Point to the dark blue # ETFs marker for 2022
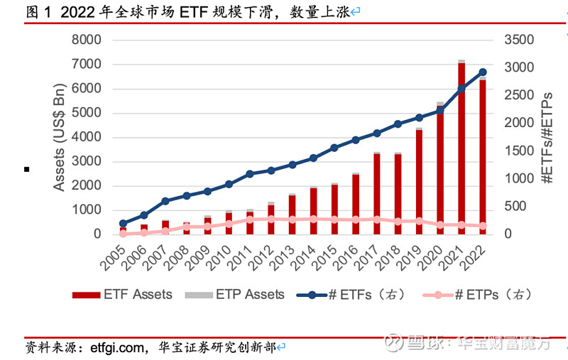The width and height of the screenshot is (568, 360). coord(483,72)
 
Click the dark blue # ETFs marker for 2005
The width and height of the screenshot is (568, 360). coord(123,223)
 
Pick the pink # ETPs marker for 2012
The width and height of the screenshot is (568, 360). coord(271,219)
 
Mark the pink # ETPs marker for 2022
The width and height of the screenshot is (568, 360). coord(483,226)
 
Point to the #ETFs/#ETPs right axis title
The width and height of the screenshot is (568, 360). coord(548,137)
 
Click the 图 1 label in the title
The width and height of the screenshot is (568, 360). coord(39,11)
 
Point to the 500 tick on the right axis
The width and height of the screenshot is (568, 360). coord(515,206)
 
